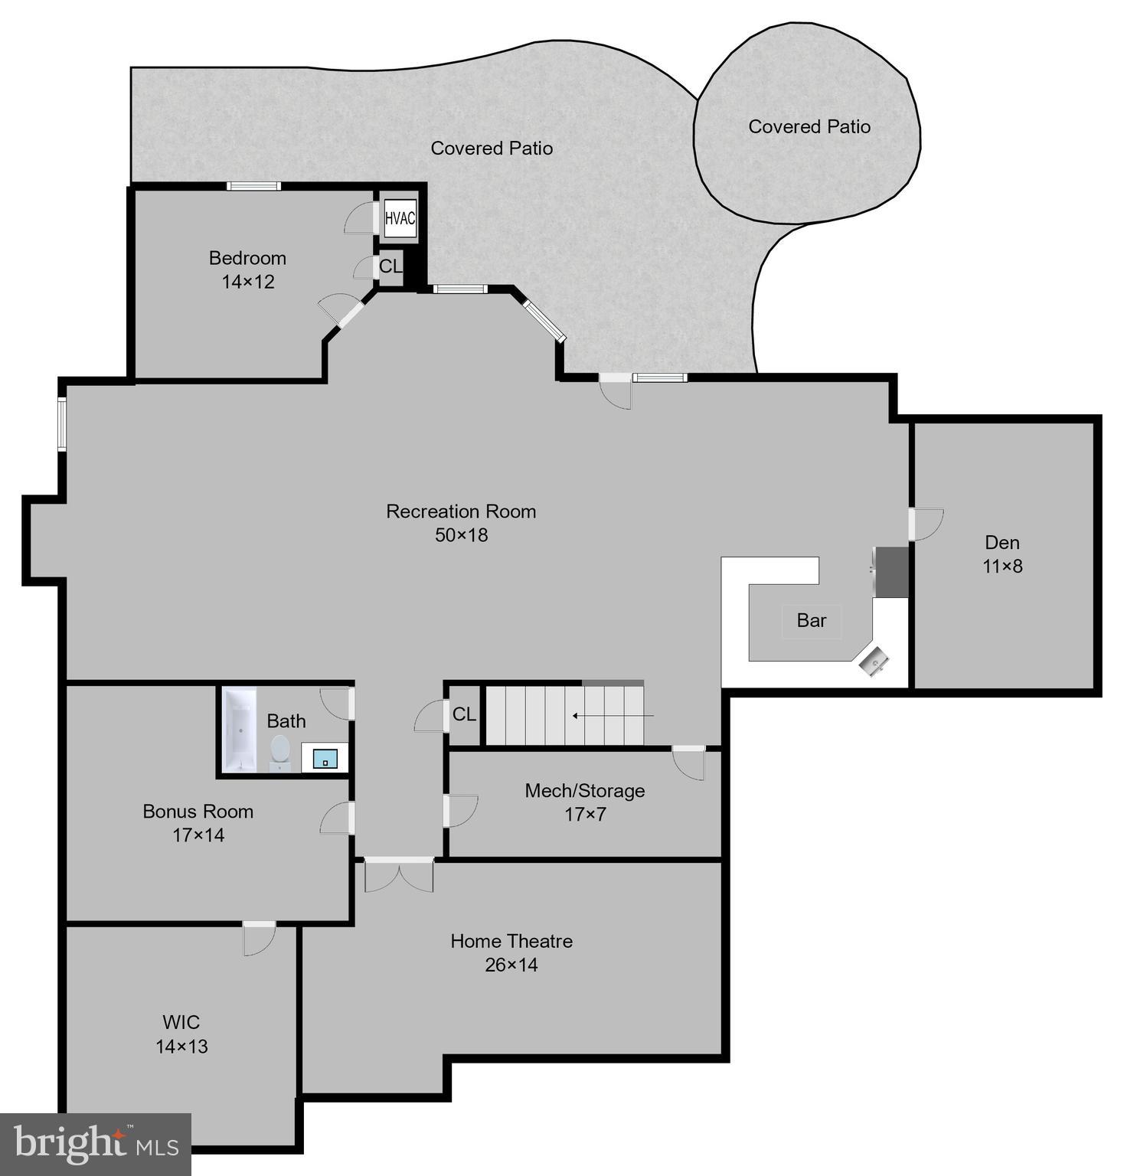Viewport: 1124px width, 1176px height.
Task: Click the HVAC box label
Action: pyautogui.click(x=400, y=218)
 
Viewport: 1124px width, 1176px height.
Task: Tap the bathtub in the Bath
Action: pyautogui.click(x=240, y=730)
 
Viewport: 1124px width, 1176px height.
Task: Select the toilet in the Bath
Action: pyautogui.click(x=280, y=751)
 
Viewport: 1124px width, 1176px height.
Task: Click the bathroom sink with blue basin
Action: pyautogui.click(x=325, y=758)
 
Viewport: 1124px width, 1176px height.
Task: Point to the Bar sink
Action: pyautogui.click(x=874, y=661)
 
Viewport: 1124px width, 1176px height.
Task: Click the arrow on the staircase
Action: pyautogui.click(x=613, y=716)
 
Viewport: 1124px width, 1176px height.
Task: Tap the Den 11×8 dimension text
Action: pyautogui.click(x=1002, y=567)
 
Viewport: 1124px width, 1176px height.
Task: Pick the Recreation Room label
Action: pyautogui.click(x=461, y=511)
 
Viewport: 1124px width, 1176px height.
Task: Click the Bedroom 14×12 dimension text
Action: pyautogui.click(x=248, y=282)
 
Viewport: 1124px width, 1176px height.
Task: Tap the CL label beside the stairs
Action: pyautogui.click(x=464, y=714)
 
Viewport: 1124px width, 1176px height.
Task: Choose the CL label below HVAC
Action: pyautogui.click(x=390, y=266)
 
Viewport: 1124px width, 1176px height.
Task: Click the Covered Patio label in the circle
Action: pyautogui.click(x=809, y=126)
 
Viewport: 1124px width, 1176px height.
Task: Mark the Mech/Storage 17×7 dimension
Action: pyautogui.click(x=585, y=815)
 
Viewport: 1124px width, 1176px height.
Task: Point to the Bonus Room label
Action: pyautogui.click(x=198, y=811)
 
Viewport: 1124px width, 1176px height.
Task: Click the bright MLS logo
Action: pyautogui.click(x=96, y=1145)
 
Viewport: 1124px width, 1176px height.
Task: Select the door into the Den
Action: pyautogui.click(x=925, y=524)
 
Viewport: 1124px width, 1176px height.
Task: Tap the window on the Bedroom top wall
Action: pyautogui.click(x=253, y=186)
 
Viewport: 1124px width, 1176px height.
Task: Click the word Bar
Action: pyautogui.click(x=811, y=620)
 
